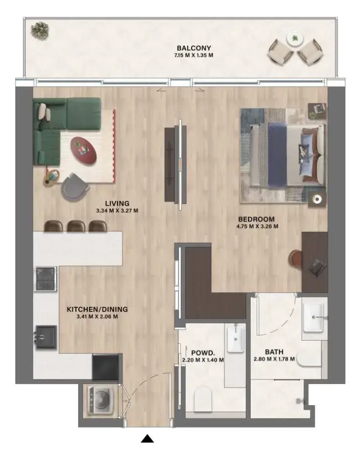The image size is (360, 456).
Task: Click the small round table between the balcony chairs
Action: click(293, 38)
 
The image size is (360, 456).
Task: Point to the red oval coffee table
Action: click(84, 150)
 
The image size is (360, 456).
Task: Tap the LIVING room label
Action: click(117, 204)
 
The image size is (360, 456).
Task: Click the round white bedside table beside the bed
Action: click(317, 200)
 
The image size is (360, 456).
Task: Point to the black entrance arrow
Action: click(147, 439)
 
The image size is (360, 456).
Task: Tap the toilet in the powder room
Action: click(204, 398)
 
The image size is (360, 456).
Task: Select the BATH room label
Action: click(274, 352)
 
